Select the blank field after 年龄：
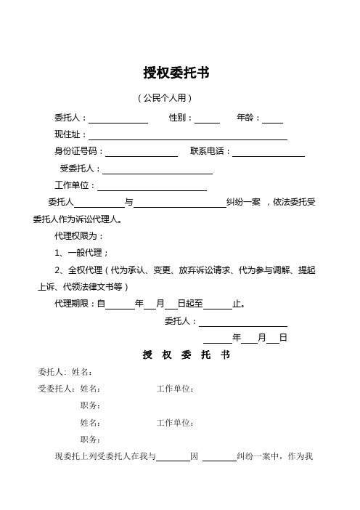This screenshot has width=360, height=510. pyautogui.click(x=272, y=118)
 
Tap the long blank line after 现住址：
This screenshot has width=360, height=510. pyautogui.click(x=187, y=135)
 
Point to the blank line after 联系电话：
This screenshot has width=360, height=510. pyautogui.click(x=268, y=152)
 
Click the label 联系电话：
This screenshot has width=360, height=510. pyautogui.click(x=210, y=152)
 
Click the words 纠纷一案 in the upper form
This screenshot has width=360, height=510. pyautogui.click(x=243, y=203)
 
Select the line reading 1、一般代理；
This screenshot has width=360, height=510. pyautogui.click(x=81, y=253)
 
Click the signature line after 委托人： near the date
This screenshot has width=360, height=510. pyautogui.click(x=242, y=322)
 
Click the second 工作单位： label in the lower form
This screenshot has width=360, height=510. pyautogui.click(x=176, y=422)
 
